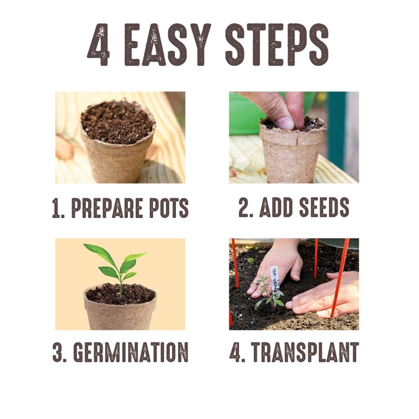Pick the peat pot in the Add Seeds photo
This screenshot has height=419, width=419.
(292, 155)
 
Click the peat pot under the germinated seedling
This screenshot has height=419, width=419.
(120, 314)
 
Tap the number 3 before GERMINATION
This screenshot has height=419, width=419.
(58, 352)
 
